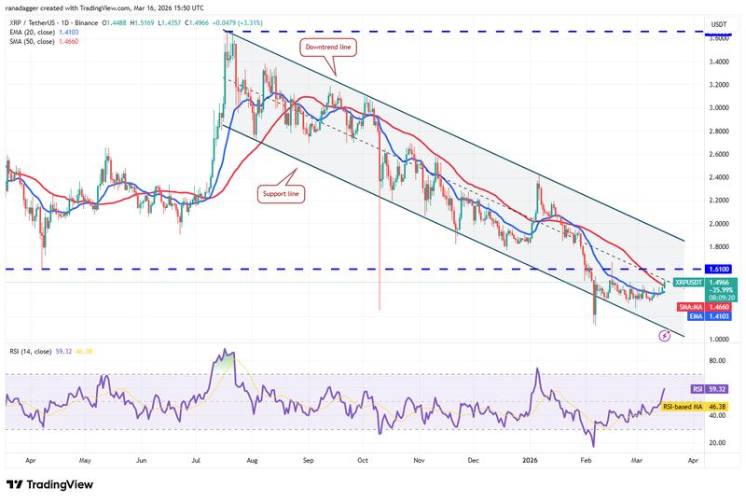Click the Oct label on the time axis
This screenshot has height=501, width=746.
click(x=364, y=461)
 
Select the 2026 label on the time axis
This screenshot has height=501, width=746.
click(x=529, y=461)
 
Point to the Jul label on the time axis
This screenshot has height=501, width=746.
click(x=198, y=461)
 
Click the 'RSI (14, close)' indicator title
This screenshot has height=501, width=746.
click(x=31, y=352)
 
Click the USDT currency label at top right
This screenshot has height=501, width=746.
click(x=719, y=24)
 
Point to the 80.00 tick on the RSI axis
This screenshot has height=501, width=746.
click(x=719, y=360)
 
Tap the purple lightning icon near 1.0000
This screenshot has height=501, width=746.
click(x=663, y=333)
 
